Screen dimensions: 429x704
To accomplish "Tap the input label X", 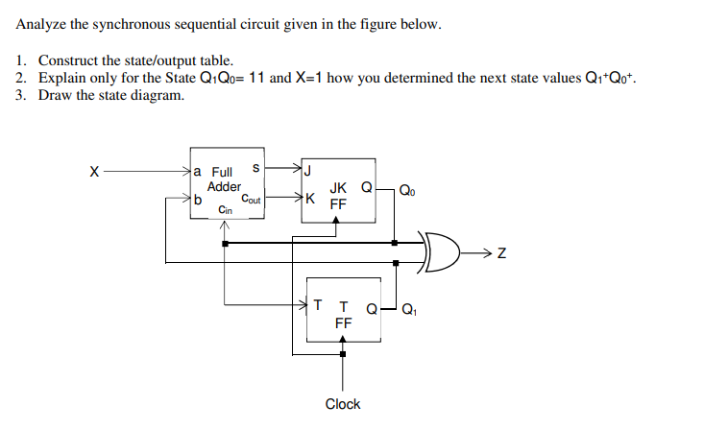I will click(93, 173).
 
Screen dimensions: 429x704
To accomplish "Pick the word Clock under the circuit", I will click(342, 404).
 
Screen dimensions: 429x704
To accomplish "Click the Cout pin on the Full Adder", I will click(252, 200).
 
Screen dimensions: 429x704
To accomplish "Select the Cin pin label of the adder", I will click(224, 209).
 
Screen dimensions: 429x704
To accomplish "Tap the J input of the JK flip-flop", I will click(308, 173).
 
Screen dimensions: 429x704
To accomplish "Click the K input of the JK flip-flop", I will click(309, 200).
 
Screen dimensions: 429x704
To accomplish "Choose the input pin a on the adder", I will click(198, 172).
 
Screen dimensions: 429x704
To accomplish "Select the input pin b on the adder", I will click(198, 201).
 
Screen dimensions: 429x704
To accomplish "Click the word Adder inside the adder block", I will click(224, 185).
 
